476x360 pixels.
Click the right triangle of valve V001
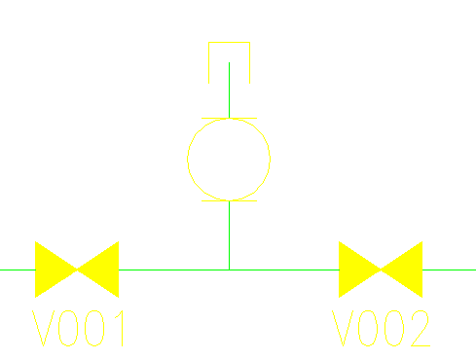coord(103,270)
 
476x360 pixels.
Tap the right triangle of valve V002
coord(407,270)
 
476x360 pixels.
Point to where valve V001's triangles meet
coord(77,270)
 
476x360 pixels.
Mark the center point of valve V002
coord(381,270)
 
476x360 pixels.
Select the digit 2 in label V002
coord(418,330)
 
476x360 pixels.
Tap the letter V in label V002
coord(346,330)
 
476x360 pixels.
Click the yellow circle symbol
coord(229,160)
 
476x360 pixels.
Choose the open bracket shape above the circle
coord(230,44)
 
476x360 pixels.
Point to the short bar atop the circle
coord(229,119)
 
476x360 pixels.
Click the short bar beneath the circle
coord(229,200)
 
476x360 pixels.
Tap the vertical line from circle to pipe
coord(229,234)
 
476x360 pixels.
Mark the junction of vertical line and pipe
coord(229,270)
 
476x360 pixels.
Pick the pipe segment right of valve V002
coord(449,270)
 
